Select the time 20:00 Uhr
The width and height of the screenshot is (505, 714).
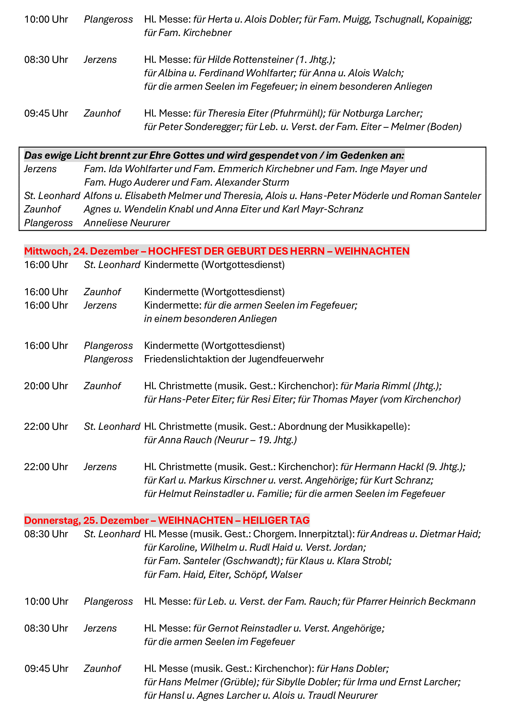[46, 386]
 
